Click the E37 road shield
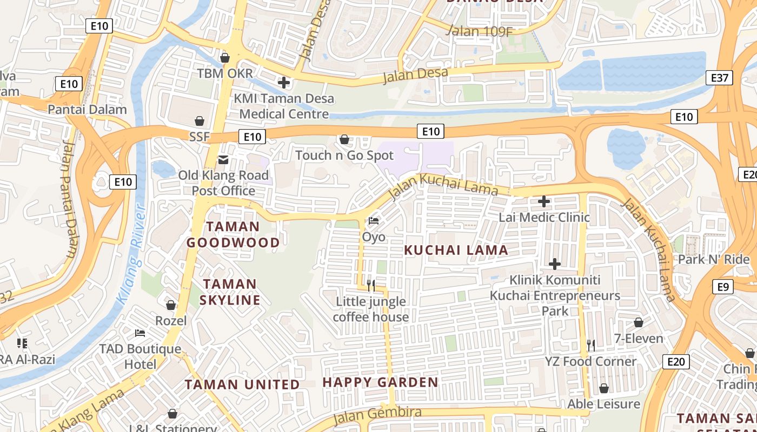720,78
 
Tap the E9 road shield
723,287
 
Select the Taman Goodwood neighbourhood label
233,234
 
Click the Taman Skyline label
230,292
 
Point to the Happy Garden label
380,382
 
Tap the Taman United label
242,384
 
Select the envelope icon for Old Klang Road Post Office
223,160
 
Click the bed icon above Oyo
374,221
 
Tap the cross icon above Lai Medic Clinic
544,202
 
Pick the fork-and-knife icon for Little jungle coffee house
371,285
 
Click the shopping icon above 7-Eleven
639,323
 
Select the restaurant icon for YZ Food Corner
591,345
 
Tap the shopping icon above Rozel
171,306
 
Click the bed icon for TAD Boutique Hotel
140,333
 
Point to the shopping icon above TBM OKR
225,57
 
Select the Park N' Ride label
713,259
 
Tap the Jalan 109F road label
479,31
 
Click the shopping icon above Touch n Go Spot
344,140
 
